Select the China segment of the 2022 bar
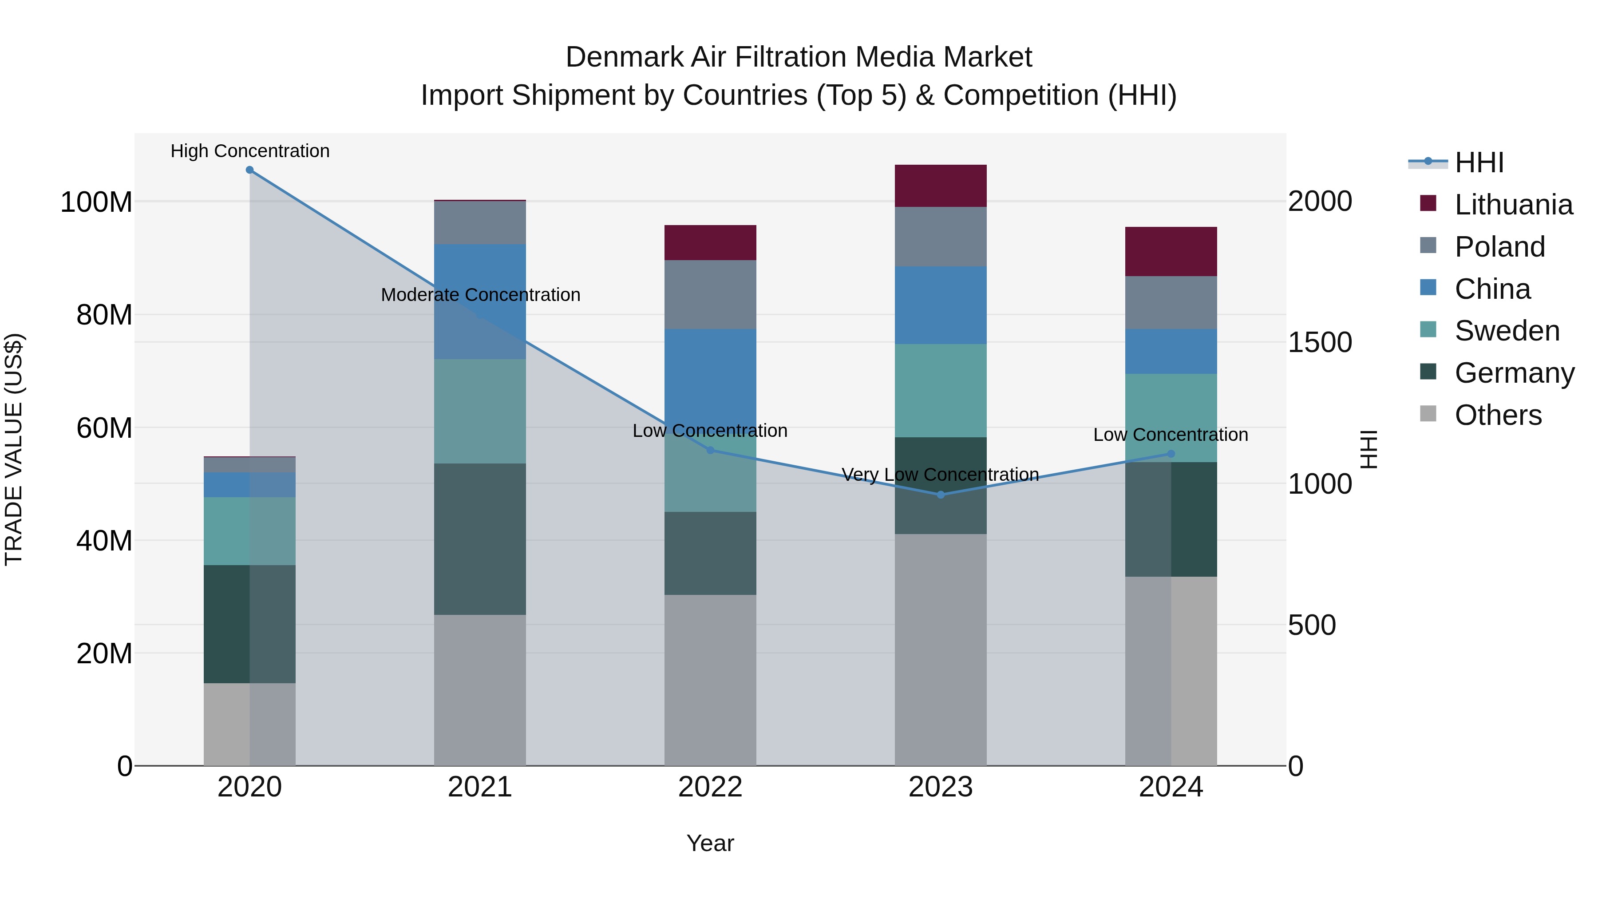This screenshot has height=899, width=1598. (x=710, y=372)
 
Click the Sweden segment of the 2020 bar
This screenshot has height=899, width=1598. (x=249, y=531)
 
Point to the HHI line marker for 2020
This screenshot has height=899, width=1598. (x=249, y=170)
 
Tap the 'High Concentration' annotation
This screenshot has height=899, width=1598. (x=249, y=151)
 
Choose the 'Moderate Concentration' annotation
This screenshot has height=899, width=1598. (x=480, y=295)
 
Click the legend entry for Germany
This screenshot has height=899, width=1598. (x=1514, y=373)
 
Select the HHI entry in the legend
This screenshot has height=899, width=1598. (x=1479, y=162)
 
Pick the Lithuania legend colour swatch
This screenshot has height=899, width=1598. (x=1428, y=203)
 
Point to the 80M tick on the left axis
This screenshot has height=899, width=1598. (x=104, y=315)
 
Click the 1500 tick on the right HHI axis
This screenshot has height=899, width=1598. (x=1320, y=342)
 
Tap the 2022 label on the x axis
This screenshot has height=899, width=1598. (x=710, y=787)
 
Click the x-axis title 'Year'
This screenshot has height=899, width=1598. (x=710, y=843)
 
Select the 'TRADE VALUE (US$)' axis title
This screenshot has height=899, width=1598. (x=14, y=449)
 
